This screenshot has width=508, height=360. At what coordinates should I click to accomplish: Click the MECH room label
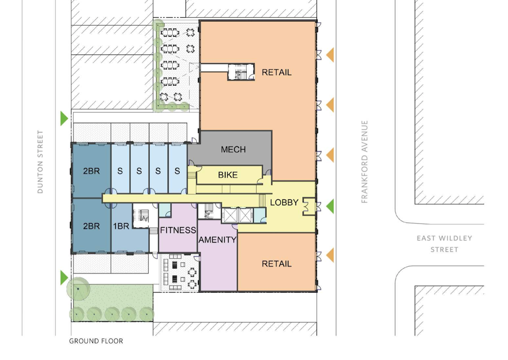point(233,150)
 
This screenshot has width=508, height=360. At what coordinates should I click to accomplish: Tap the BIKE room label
point(228,175)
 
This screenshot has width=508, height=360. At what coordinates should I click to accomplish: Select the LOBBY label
point(284,203)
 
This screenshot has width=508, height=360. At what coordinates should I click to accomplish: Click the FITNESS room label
point(178,230)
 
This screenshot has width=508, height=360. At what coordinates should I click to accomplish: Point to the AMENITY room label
point(217,240)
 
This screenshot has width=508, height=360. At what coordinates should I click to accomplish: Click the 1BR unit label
point(121,226)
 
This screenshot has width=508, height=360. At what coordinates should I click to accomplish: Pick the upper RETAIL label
point(276,72)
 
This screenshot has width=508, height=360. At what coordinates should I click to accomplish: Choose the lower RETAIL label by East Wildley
point(276,264)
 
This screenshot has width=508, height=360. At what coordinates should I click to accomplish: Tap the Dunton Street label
point(40,162)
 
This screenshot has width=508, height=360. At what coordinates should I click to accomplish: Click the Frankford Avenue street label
point(365,162)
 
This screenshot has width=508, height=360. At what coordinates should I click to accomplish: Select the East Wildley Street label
point(444,244)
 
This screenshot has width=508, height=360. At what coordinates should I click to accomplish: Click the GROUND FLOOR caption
point(96,341)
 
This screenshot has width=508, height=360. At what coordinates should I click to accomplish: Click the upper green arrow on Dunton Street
point(64,118)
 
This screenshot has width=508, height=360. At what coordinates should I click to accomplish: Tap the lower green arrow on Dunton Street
point(64,278)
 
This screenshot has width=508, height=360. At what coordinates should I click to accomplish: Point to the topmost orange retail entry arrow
point(330,55)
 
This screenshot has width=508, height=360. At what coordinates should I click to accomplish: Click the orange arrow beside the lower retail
point(330,255)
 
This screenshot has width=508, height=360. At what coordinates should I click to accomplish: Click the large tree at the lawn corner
point(78,289)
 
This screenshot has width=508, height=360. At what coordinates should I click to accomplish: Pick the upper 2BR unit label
point(91,171)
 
